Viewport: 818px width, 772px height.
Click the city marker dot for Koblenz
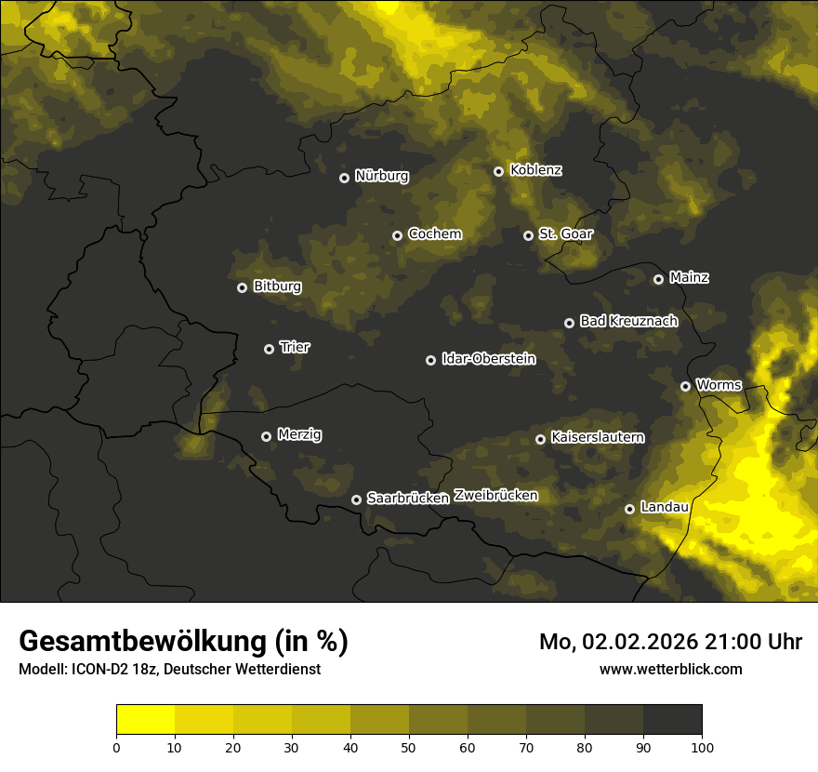point(498,171)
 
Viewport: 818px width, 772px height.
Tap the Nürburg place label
point(381,176)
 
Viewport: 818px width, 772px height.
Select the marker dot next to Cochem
point(397,235)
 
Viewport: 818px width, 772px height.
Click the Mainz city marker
point(658,279)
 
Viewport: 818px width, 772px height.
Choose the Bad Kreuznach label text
point(628,321)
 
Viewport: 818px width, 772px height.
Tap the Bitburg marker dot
point(242,287)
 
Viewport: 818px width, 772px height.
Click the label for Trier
point(295,347)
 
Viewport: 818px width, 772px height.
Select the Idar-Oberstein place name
point(488,358)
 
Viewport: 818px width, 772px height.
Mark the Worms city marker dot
point(685,386)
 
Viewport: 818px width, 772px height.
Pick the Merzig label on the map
point(298,434)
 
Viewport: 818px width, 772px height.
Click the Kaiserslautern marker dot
point(540,439)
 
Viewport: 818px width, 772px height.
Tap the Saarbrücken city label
point(407,498)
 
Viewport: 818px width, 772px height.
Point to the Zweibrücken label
point(495,495)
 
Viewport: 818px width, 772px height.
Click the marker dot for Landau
point(629,509)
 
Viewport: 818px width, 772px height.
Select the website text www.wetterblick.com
point(670,669)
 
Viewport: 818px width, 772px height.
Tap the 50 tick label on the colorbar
point(409,746)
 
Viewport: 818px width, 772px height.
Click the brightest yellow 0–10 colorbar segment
point(145,719)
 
